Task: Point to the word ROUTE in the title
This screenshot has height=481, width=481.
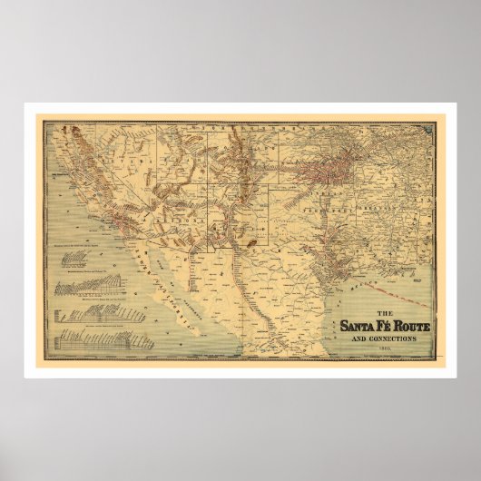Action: coord(420,325)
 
